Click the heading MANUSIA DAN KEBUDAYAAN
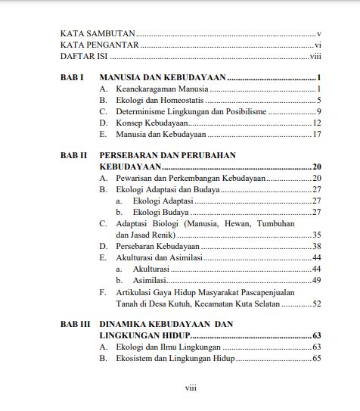(163, 78)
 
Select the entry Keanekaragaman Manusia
(157, 89)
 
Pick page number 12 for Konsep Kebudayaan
(318, 123)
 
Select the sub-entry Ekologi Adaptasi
(163, 201)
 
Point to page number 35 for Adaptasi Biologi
(318, 235)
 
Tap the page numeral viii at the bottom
(191, 388)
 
